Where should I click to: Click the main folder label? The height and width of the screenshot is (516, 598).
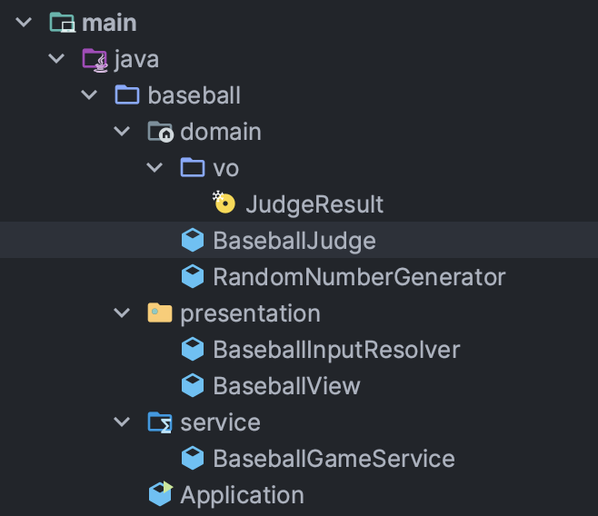[x=108, y=23]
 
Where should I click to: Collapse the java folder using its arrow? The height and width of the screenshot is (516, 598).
[x=56, y=59]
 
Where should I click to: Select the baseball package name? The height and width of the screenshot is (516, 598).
[x=194, y=95]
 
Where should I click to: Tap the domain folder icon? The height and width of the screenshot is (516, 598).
[x=160, y=132]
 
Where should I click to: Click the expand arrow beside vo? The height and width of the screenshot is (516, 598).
[x=154, y=168]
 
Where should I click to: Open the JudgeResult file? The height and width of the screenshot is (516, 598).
[x=314, y=204]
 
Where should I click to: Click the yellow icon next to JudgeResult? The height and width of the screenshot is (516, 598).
[x=224, y=203]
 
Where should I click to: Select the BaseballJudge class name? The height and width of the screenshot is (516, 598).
[x=294, y=241]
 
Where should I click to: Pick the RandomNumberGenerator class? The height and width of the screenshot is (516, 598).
[x=359, y=276]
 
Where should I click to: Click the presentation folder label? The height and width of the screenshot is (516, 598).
[x=250, y=313]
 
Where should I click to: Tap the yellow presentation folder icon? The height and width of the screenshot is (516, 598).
[x=160, y=313]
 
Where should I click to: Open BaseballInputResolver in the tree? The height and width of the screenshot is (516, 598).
[x=336, y=350]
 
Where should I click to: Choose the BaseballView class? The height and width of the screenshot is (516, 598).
[x=286, y=386]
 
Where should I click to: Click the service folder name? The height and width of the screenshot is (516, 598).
[x=220, y=422]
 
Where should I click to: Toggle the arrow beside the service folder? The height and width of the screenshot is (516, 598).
[x=122, y=422]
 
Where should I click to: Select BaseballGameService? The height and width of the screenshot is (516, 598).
[x=334, y=459]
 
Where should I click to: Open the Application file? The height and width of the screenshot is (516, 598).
[x=242, y=495]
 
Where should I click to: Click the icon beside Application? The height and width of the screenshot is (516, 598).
[x=160, y=494]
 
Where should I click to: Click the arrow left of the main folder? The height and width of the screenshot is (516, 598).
[x=24, y=23]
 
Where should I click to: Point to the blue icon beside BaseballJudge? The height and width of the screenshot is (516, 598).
[x=192, y=241]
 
